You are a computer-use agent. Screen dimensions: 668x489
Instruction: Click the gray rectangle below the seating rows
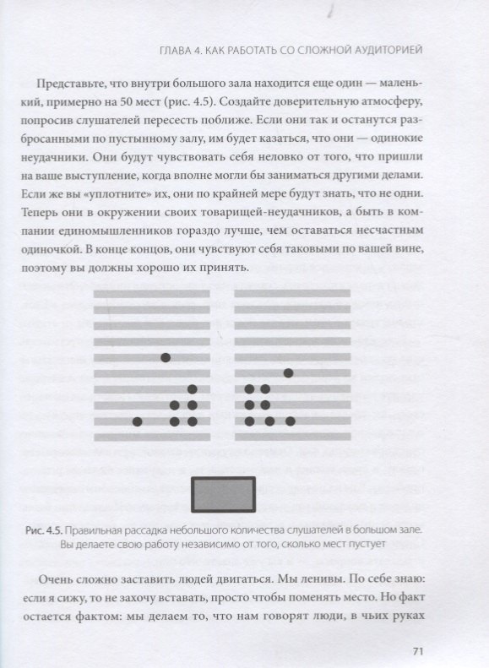click(225, 492)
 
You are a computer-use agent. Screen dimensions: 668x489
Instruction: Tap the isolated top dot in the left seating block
click(166, 357)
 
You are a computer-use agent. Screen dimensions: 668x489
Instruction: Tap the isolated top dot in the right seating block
click(289, 372)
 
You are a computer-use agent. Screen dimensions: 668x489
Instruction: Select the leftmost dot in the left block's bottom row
click(137, 421)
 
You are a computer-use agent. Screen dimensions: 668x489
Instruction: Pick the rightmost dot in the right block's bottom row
click(290, 421)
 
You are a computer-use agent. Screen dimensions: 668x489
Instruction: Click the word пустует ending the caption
click(364, 546)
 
